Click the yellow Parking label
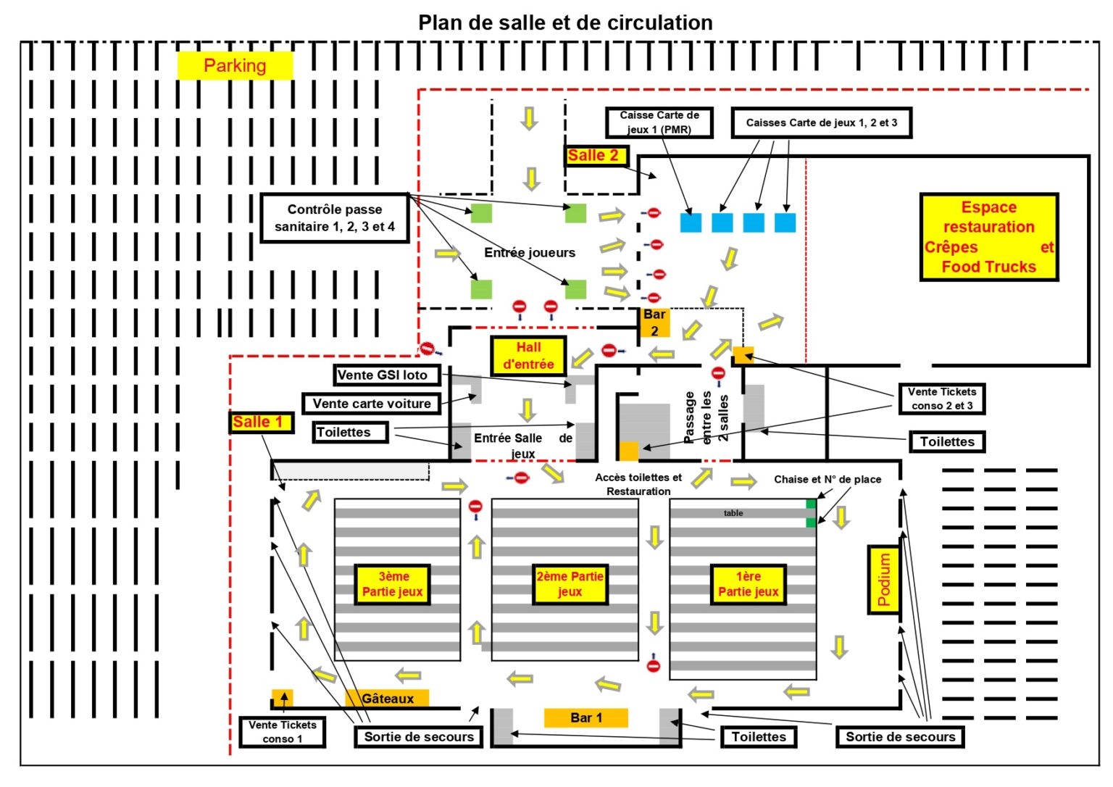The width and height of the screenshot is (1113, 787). tap(235, 65)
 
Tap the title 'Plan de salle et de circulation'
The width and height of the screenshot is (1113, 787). tap(565, 22)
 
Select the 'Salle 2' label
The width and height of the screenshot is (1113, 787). tap(594, 155)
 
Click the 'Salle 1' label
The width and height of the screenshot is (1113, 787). tap(260, 422)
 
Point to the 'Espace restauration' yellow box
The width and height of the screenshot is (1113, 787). tap(988, 236)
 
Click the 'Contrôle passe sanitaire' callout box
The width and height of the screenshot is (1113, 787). tap(335, 217)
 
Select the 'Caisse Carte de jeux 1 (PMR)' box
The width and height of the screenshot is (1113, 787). tap(659, 122)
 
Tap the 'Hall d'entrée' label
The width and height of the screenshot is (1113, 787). tap(528, 355)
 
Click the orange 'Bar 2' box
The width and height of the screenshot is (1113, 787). tap(654, 322)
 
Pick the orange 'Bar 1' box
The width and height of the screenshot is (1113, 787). tap(585, 717)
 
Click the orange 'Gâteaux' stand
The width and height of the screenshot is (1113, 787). tap(388, 699)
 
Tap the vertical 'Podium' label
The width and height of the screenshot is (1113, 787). tap(883, 579)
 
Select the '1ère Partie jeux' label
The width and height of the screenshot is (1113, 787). tap(748, 584)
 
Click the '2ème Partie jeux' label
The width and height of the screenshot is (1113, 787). tap(570, 584)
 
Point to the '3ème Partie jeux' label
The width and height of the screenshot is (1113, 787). tap(393, 584)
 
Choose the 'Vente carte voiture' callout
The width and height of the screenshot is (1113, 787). tap(371, 404)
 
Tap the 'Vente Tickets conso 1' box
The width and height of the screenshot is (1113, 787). tap(283, 731)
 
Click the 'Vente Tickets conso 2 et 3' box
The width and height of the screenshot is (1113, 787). tap(941, 399)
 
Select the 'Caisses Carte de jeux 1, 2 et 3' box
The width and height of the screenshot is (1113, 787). tap(821, 122)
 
